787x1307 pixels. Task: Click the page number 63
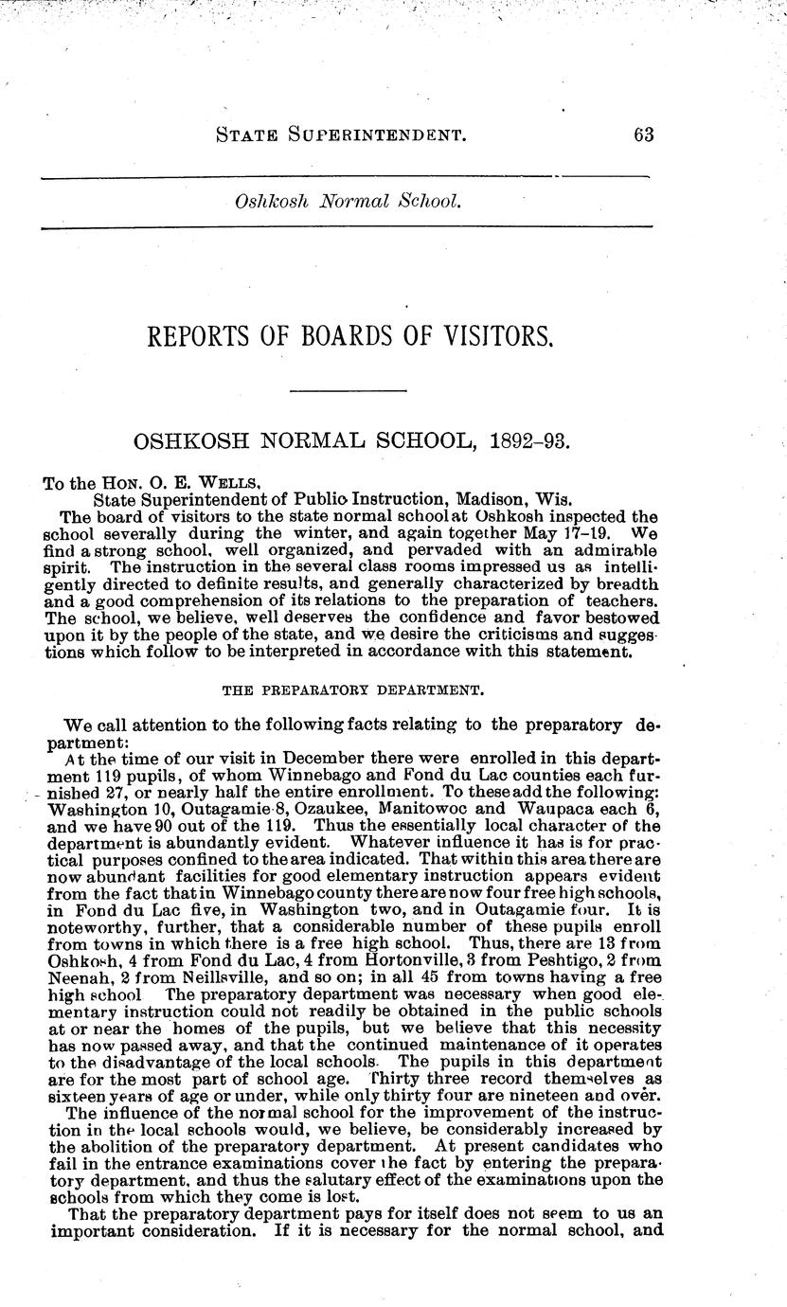(x=644, y=134)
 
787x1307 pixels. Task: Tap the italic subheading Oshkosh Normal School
(x=348, y=202)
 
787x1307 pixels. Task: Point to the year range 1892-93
(x=525, y=441)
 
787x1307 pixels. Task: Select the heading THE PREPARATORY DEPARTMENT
(x=348, y=691)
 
